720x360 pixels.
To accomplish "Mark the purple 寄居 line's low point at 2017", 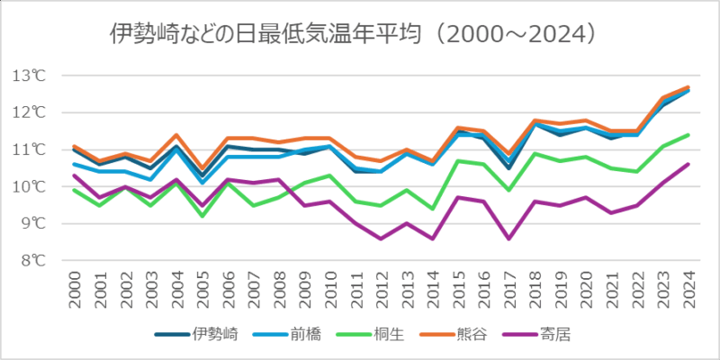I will (509, 238).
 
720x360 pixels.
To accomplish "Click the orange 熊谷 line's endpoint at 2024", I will (688, 87).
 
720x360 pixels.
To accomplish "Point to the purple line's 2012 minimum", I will (382, 238).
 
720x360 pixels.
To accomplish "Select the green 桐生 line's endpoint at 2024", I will (688, 135).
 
